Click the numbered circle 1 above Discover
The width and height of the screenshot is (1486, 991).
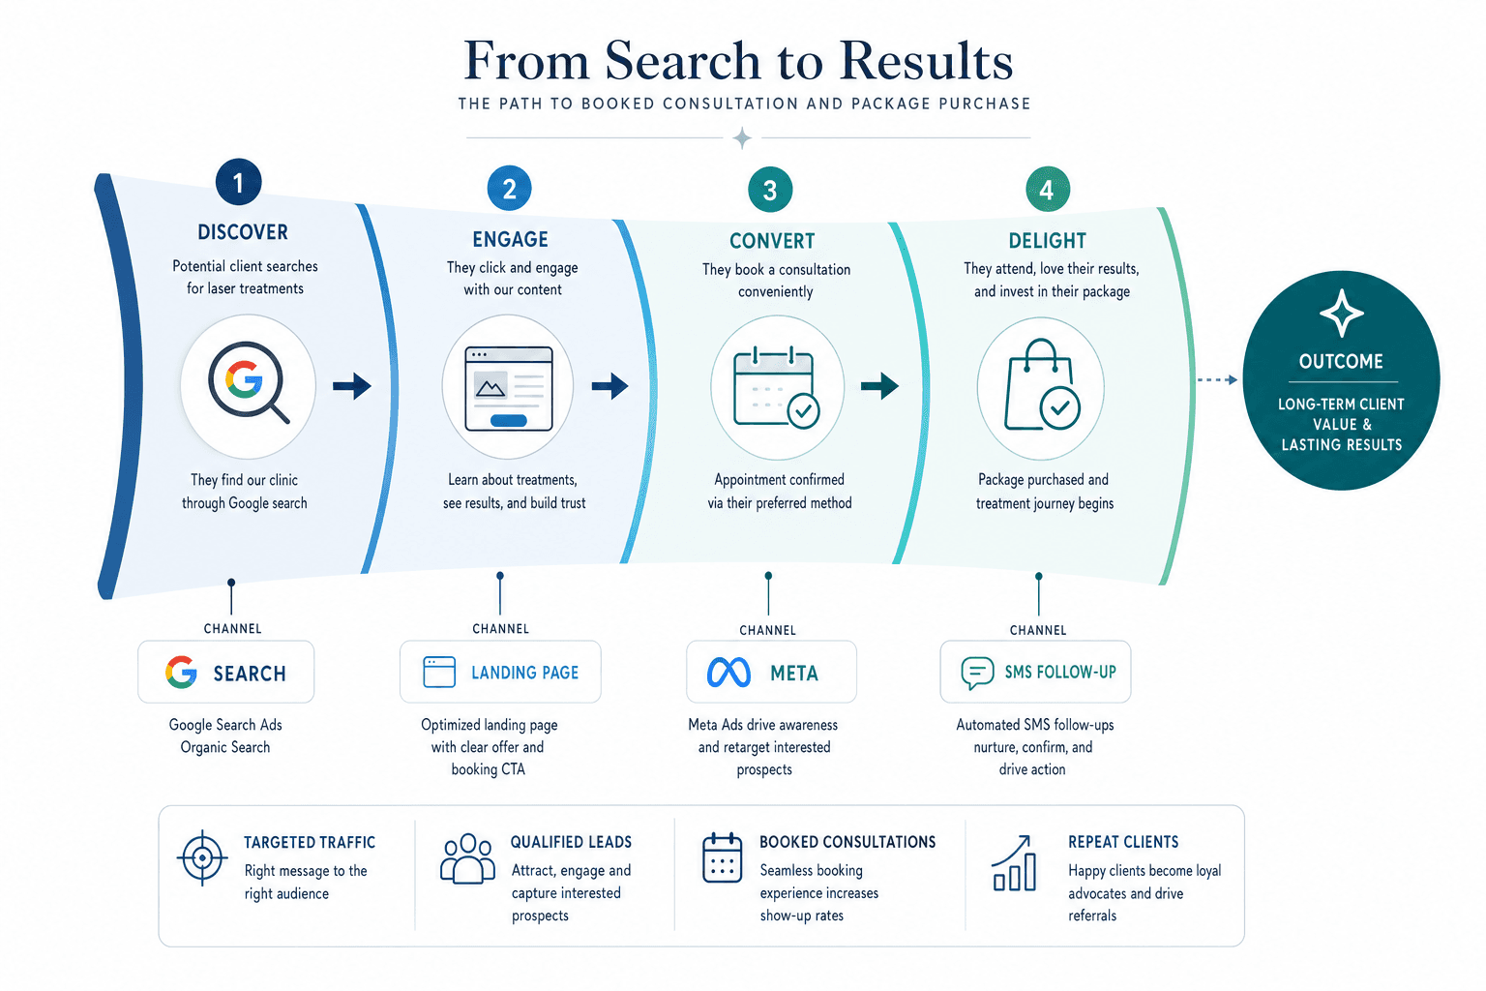click(238, 182)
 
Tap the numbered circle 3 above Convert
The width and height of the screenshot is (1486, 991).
click(769, 190)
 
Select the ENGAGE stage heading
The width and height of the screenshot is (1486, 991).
click(510, 239)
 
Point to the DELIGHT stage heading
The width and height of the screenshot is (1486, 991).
click(1048, 240)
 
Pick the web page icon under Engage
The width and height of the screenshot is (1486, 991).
click(509, 388)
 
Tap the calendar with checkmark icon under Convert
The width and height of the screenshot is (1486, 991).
click(776, 388)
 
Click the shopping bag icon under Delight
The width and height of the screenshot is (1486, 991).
click(1042, 385)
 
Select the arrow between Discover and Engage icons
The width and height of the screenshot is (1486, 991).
click(351, 385)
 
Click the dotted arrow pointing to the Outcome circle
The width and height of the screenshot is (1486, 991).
click(1217, 379)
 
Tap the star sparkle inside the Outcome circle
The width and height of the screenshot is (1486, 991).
click(1342, 313)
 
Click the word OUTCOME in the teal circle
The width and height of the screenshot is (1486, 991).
click(1341, 361)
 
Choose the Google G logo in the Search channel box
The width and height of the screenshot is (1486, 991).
click(181, 673)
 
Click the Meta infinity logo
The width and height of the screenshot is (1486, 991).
click(728, 673)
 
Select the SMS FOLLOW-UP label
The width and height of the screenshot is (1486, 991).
click(1060, 672)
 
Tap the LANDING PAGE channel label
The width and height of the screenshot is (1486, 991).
click(524, 673)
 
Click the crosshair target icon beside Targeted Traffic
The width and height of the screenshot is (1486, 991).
click(202, 857)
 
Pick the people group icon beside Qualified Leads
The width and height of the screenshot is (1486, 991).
click(467, 858)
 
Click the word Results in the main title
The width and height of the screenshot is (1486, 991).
click(926, 60)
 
